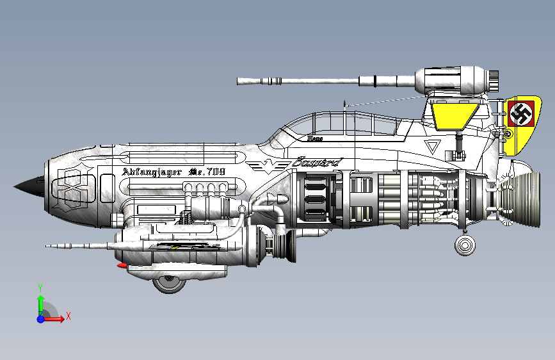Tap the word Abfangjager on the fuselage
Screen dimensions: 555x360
pyautogui.click(x=151, y=172)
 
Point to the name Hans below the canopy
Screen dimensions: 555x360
pyautogui.click(x=314, y=137)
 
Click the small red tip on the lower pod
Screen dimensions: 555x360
pyautogui.click(x=122, y=265)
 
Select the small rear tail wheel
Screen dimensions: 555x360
pyautogui.click(x=465, y=245)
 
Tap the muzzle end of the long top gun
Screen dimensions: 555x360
pyautogui.click(x=240, y=81)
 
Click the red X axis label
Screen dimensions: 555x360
pyautogui.click(x=68, y=316)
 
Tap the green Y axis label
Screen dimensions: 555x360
pyautogui.click(x=40, y=288)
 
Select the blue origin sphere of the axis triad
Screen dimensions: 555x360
pyautogui.click(x=41, y=318)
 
